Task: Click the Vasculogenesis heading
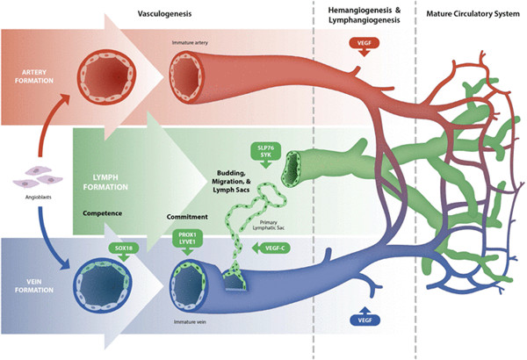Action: (x=166, y=14)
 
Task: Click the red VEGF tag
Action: (x=365, y=43)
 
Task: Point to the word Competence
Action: (x=103, y=213)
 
